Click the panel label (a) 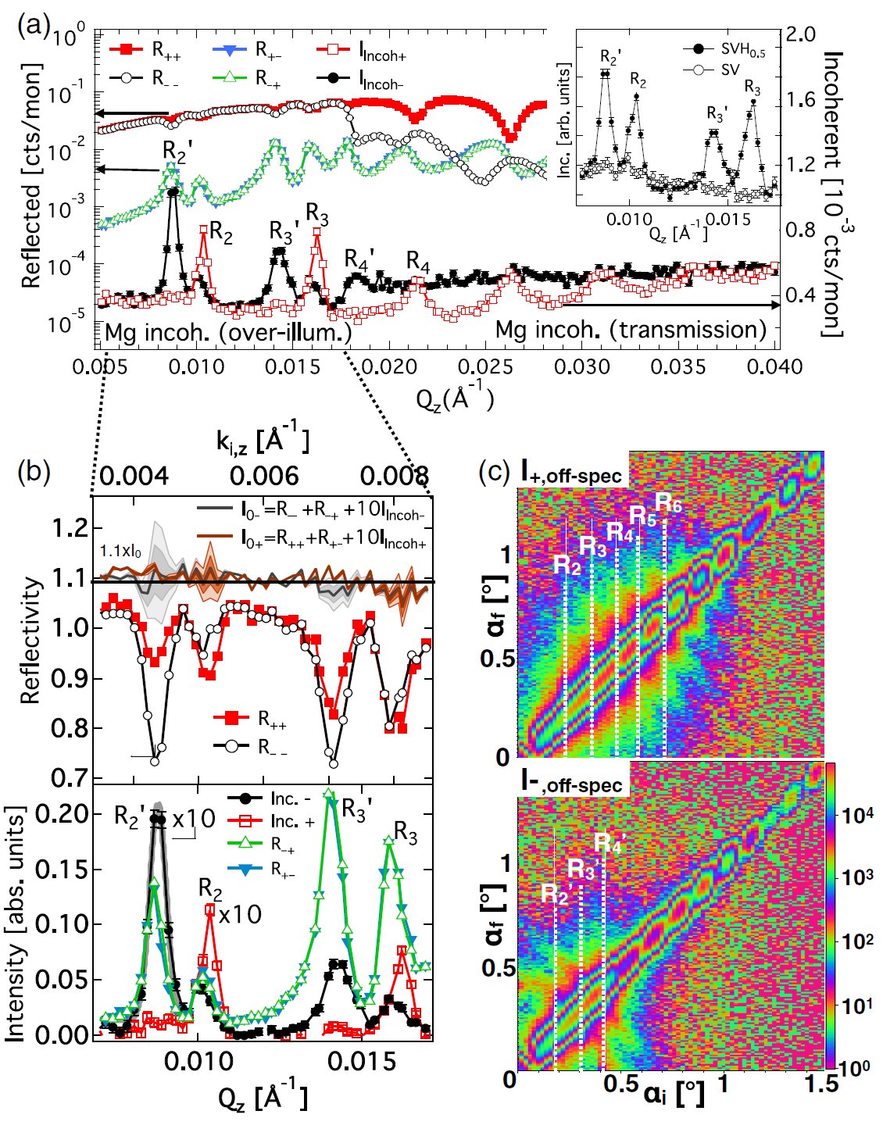(34, 25)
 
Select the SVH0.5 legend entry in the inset (742, 49)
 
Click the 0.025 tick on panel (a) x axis (485, 366)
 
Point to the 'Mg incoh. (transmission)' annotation (631, 330)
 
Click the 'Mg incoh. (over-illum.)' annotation (228, 333)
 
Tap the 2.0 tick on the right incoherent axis (800, 34)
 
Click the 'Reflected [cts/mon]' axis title (31, 177)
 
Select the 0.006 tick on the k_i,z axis (264, 476)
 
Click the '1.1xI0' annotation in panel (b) (120, 552)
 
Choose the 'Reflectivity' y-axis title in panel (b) (31, 641)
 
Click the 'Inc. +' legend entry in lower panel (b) (292, 821)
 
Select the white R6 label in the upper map (669, 503)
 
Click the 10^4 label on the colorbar (857, 815)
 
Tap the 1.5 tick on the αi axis (821, 1084)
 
